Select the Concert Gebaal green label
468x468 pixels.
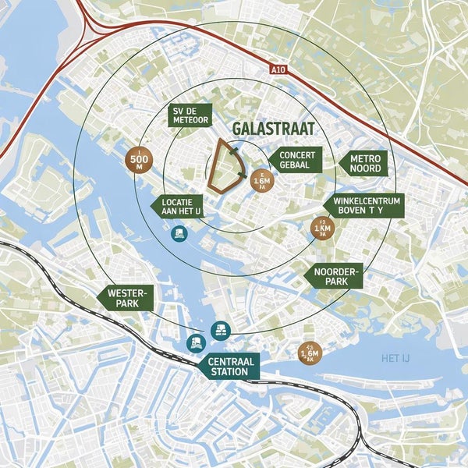tap(295, 159)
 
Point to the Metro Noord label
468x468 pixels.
tap(364, 162)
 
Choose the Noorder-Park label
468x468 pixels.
tap(335, 275)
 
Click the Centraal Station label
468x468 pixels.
tap(229, 367)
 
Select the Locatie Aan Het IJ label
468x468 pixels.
tap(181, 206)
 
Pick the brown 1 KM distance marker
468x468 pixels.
tap(321, 229)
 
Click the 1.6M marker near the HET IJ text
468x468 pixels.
tap(309, 354)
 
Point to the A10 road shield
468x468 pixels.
tap(279, 69)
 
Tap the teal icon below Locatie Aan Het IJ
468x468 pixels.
tap(179, 232)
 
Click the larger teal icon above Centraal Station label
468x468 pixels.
tap(222, 330)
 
